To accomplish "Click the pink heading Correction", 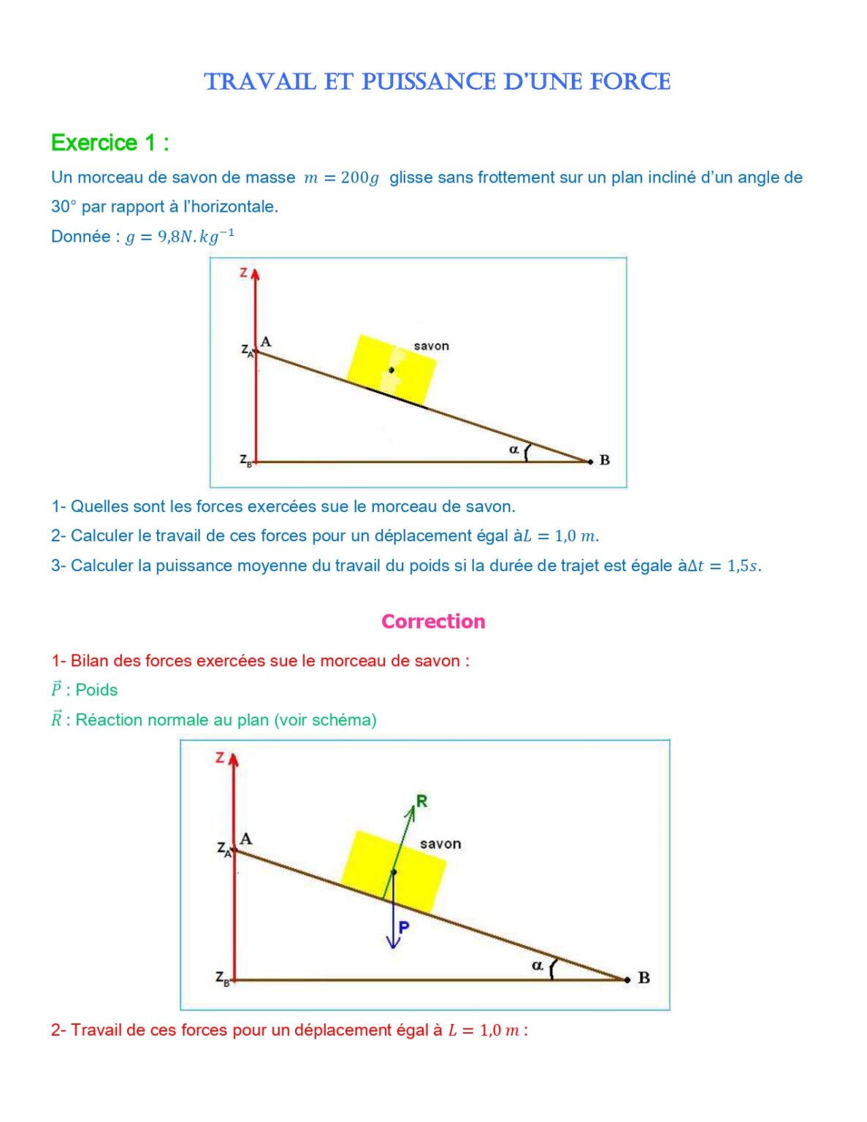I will (x=433, y=622).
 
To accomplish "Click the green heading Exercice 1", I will (x=110, y=142).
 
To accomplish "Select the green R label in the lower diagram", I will (x=421, y=801).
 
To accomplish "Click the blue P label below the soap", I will (x=403, y=927).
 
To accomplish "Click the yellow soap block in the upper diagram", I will (x=391, y=369).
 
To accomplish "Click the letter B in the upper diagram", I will (x=604, y=460).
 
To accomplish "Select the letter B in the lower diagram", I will (x=643, y=977).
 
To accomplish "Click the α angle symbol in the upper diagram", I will (x=513, y=449).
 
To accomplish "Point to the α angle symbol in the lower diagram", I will (x=537, y=966).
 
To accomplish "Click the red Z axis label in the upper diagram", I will (x=244, y=273).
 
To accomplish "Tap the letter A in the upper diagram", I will (x=266, y=342).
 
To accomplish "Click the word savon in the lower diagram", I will (x=440, y=844).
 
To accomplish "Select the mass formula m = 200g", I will (x=342, y=178).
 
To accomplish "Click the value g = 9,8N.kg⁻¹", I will (x=180, y=237).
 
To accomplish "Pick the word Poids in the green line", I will (x=96, y=690).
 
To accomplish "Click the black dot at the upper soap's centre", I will (x=392, y=370).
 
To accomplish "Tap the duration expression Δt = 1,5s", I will (x=723, y=566).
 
